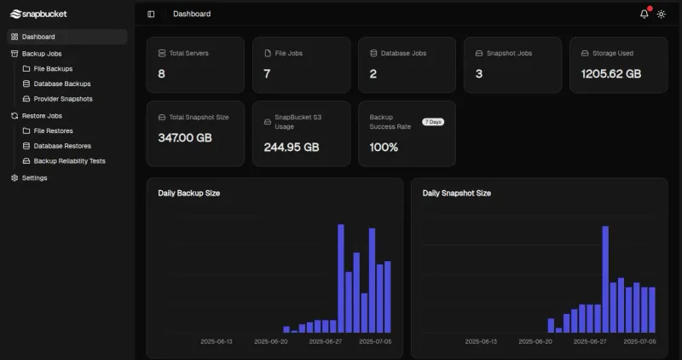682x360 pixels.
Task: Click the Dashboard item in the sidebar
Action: [x=38, y=37]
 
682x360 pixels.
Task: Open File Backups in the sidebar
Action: [x=53, y=68]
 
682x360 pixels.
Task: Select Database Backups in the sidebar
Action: [x=61, y=84]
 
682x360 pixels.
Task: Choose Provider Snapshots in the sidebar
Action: [x=62, y=99]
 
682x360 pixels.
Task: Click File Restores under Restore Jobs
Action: [x=53, y=131]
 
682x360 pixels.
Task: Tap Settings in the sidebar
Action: [x=34, y=177]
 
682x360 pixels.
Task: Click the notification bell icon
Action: [x=644, y=14]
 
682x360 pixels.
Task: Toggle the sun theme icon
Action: [x=661, y=14]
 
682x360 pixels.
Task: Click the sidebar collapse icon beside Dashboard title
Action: [x=151, y=14]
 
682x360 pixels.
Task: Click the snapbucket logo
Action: [x=38, y=14]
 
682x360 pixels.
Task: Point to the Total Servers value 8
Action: [x=162, y=74]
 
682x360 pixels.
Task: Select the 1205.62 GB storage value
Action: [x=610, y=74]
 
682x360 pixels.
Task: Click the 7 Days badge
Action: [x=433, y=122]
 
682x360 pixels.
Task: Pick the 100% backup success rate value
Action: [x=384, y=147]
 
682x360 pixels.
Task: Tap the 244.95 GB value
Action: [x=292, y=147]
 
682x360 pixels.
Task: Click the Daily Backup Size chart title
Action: [x=188, y=193]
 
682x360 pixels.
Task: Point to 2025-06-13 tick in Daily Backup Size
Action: [x=217, y=340]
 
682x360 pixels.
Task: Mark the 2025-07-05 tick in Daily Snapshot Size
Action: [x=640, y=340]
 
